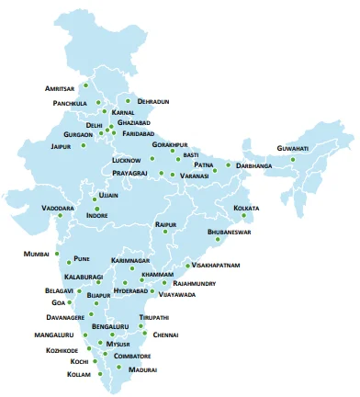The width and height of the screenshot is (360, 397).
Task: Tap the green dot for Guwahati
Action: point(293,159)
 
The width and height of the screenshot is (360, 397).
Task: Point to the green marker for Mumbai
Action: point(57,253)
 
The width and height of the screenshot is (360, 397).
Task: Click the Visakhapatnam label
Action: point(218,265)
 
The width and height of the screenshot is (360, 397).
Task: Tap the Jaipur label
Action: point(62,145)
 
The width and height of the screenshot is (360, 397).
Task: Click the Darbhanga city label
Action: point(254,166)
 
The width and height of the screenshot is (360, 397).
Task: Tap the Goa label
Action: point(60,302)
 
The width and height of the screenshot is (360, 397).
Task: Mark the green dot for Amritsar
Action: point(85,86)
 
